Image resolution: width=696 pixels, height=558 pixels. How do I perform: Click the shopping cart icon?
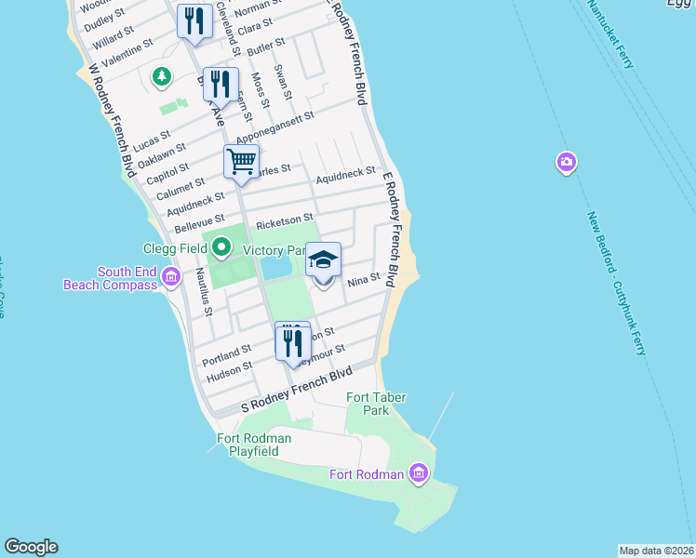(241, 162)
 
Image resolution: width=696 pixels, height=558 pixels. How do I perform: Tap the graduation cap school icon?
(323, 259)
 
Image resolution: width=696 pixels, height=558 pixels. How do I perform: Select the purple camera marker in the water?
(567, 164)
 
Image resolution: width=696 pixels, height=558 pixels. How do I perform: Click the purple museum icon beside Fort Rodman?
(418, 474)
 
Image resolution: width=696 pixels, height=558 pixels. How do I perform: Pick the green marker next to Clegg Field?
(221, 248)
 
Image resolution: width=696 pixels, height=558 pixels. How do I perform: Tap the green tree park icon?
(163, 75)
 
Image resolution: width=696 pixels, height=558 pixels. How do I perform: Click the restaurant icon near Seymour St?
(293, 342)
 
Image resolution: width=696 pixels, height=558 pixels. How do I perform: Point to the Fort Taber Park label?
(368, 404)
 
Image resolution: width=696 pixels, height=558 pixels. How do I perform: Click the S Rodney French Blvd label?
(298, 389)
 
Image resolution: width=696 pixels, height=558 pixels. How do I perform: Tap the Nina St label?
(363, 278)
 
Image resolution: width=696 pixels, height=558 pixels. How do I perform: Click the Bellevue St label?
(199, 224)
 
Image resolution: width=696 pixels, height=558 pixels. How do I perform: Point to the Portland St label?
(228, 352)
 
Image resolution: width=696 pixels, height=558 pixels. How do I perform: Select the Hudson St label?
(229, 368)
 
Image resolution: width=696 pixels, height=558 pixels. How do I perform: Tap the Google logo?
(31, 547)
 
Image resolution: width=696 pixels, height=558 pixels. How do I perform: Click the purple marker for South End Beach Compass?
(170, 276)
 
